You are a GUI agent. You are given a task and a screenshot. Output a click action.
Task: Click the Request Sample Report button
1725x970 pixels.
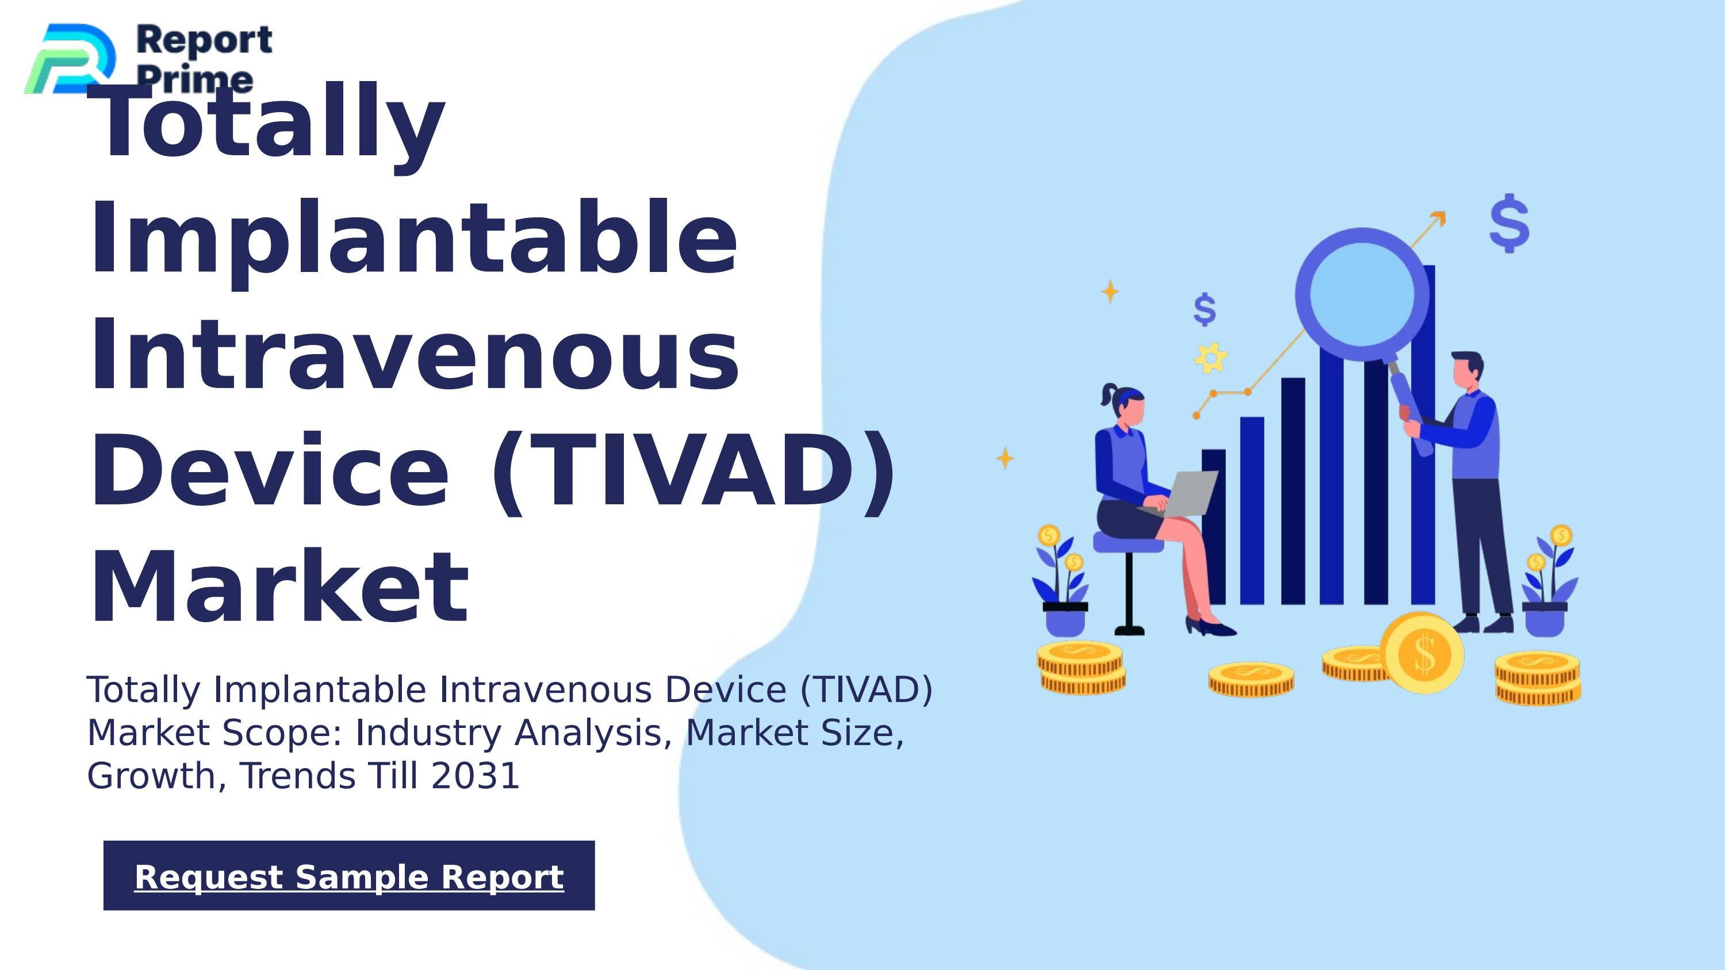coord(349,876)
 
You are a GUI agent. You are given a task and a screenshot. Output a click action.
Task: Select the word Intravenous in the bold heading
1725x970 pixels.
coord(415,355)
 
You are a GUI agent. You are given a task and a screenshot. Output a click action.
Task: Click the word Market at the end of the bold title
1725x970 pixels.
coord(279,588)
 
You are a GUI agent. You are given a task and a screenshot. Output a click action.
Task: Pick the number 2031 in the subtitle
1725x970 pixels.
coord(475,776)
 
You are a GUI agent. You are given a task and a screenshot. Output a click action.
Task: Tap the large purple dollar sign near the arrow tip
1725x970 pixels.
coord(1509,224)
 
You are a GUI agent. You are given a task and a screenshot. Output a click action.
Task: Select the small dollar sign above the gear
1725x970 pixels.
coord(1205,309)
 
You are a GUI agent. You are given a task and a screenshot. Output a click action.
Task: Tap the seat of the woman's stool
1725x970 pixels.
coord(1128,542)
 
